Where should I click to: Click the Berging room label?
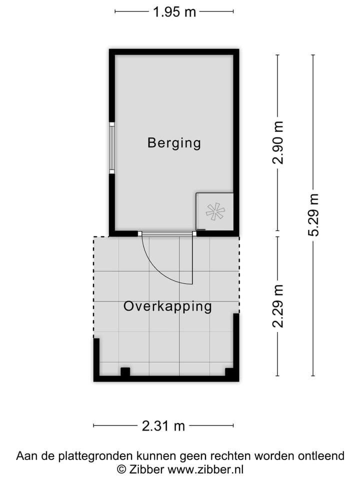pyautogui.click(x=174, y=143)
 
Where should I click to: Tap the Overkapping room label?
pyautogui.click(x=167, y=306)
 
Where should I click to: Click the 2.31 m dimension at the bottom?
pyautogui.click(x=163, y=426)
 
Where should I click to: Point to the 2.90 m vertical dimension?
pyautogui.click(x=278, y=142)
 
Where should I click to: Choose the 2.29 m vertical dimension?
pyautogui.click(x=278, y=305)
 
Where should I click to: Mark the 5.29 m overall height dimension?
pyautogui.click(x=313, y=214)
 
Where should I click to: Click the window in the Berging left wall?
pyautogui.click(x=112, y=148)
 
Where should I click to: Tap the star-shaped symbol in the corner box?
pyautogui.click(x=215, y=211)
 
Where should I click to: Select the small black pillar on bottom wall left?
pyautogui.click(x=125, y=371)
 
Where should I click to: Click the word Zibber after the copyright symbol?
pyautogui.click(x=146, y=469)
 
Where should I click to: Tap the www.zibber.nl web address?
pyautogui.click(x=205, y=469)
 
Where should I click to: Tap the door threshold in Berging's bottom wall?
pyautogui.click(x=166, y=233)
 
